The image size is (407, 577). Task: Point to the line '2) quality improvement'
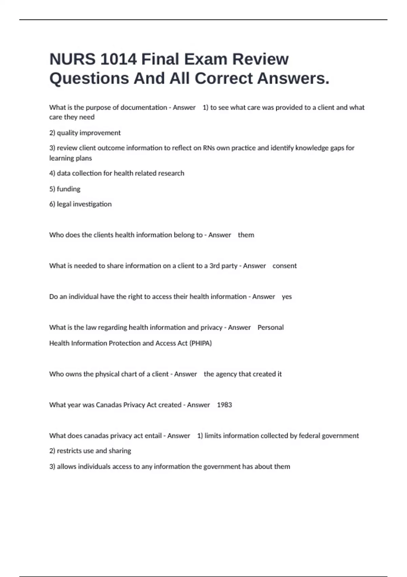click(85, 133)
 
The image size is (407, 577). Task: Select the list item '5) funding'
click(65, 189)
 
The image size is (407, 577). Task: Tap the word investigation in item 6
click(93, 204)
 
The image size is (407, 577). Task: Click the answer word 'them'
click(246, 235)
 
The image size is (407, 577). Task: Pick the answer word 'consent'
click(285, 266)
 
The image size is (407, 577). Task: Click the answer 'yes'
click(287, 297)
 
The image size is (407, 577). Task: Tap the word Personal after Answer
click(270, 328)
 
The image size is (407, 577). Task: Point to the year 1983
click(224, 405)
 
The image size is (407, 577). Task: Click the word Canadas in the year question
click(109, 405)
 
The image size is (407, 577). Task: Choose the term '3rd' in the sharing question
click(214, 266)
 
